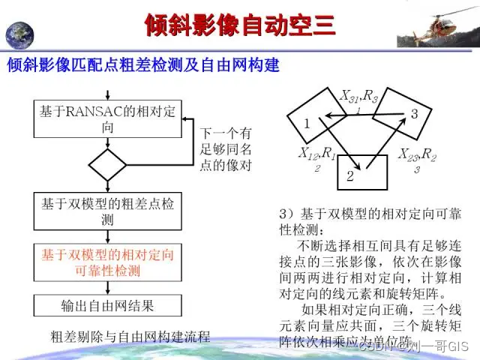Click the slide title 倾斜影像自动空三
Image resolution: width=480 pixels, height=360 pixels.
pyautogui.click(x=239, y=25)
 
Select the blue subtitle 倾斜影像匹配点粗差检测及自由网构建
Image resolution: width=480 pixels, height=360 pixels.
pyautogui.click(x=143, y=66)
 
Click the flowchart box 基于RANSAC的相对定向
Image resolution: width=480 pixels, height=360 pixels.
pyautogui.click(x=108, y=118)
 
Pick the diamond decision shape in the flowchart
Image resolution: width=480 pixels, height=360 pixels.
pyautogui.click(x=108, y=163)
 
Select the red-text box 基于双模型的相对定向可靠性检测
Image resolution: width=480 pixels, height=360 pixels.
pyautogui.click(x=108, y=262)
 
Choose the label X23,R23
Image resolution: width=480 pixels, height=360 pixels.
pyautogui.click(x=417, y=158)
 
